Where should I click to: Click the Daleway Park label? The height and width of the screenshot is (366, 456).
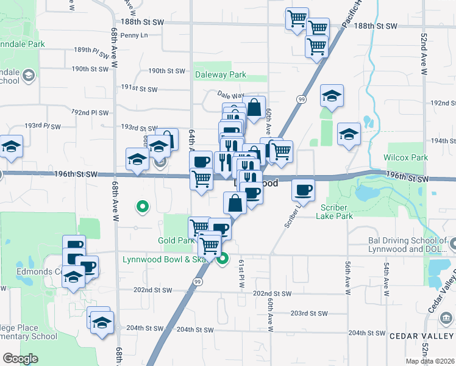(x=220, y=75)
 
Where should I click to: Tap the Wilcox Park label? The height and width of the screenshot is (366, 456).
(x=405, y=157)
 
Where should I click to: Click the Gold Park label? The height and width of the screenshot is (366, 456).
(x=176, y=241)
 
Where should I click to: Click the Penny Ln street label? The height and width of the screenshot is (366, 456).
(x=134, y=35)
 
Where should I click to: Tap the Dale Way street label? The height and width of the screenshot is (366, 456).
(x=232, y=96)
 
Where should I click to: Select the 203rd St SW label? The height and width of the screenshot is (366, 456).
(x=311, y=313)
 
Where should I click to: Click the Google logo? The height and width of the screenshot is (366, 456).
(x=20, y=358)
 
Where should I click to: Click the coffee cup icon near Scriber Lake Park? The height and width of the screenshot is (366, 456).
(x=303, y=190)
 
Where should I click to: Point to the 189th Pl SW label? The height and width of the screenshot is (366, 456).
(x=90, y=50)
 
